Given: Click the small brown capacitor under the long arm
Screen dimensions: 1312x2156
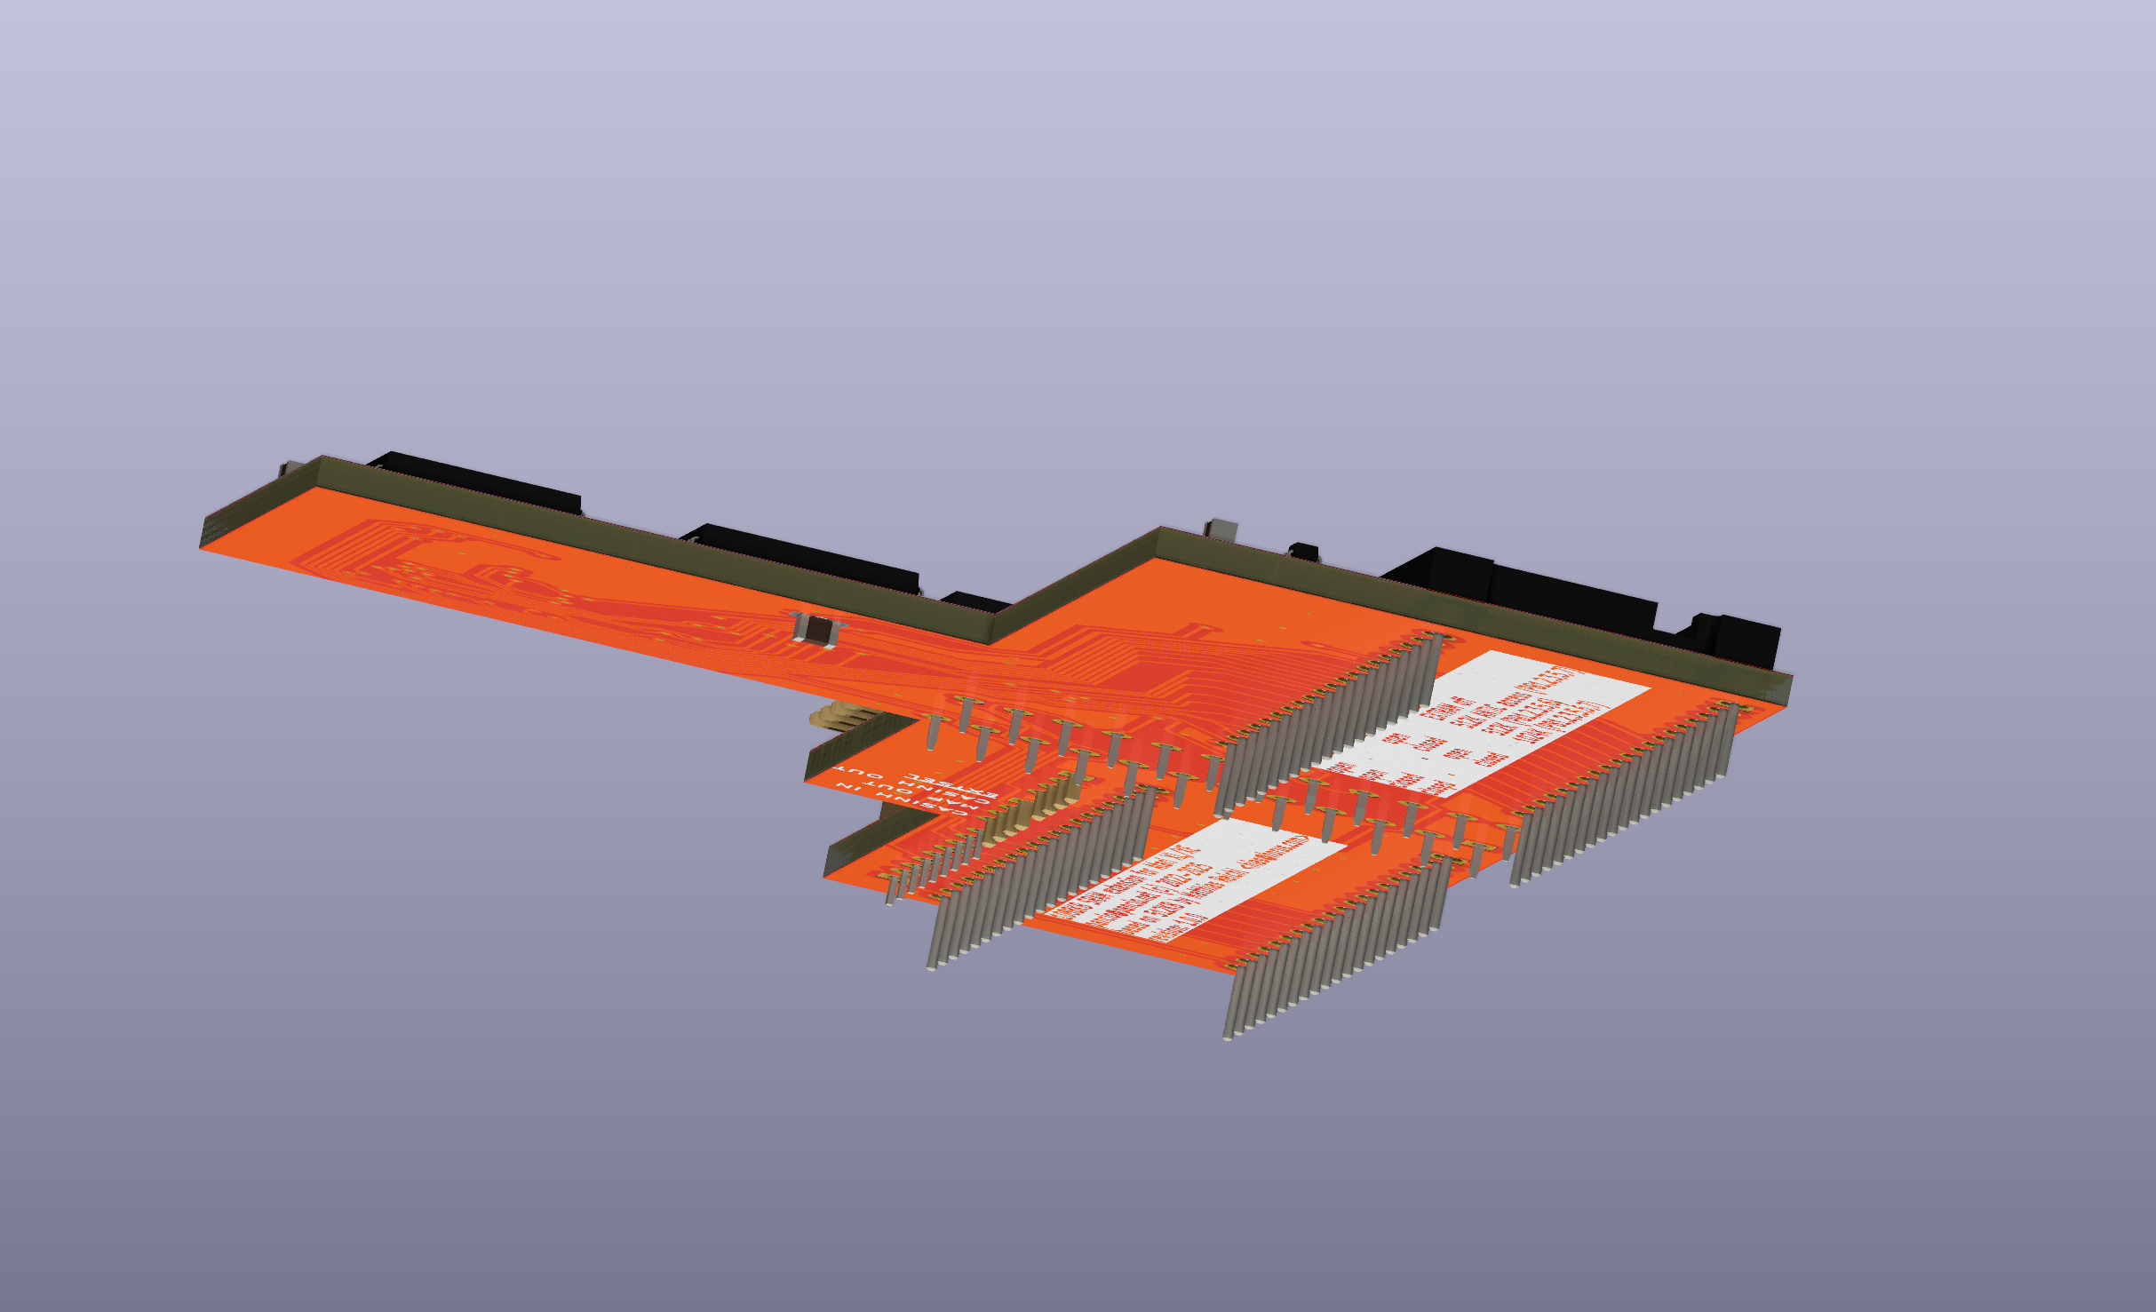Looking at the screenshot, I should (815, 629).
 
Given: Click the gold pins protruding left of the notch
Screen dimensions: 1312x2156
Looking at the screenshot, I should (831, 716).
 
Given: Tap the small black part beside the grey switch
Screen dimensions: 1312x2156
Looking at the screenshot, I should (1304, 552).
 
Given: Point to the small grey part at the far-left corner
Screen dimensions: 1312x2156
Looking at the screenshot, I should (290, 468).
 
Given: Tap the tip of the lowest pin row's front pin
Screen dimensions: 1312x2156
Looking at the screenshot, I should (1228, 1036).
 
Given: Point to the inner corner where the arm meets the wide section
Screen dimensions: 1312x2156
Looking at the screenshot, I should (992, 641).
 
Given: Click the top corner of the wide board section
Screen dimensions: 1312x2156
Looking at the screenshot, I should (1159, 529).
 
